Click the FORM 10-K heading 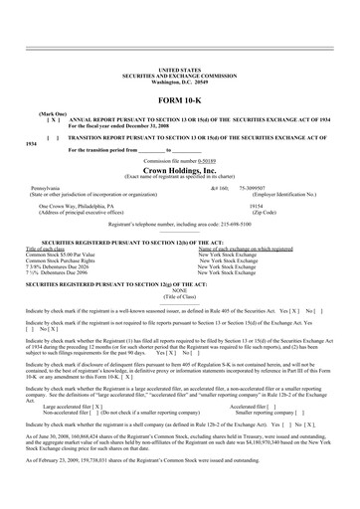(180, 103)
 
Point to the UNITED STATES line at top (180, 70)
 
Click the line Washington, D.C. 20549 (180, 81)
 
